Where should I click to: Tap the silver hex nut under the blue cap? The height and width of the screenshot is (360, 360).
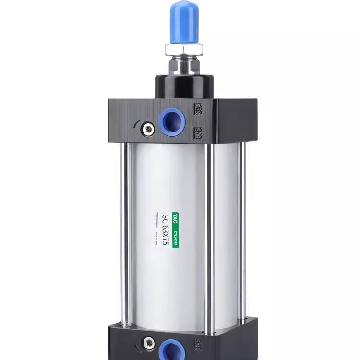pos(184,48)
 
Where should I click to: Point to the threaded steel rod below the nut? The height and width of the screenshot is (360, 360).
pos(184,64)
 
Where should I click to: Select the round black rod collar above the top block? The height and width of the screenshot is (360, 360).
pos(184,86)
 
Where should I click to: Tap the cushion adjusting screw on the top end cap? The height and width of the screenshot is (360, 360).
pos(148,129)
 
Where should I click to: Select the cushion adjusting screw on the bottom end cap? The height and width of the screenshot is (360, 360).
pos(148,343)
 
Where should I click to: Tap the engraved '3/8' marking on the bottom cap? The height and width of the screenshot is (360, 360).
pos(198,344)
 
